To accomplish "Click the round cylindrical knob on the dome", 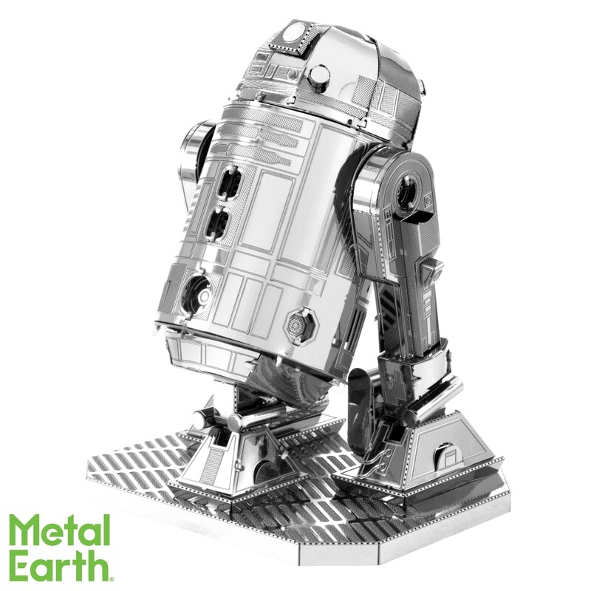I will tap(319, 75).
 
